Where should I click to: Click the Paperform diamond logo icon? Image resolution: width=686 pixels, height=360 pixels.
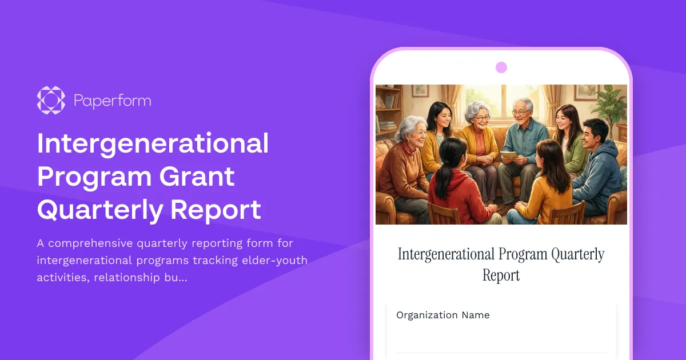pos(51,100)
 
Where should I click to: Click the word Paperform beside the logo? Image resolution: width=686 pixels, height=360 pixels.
pos(113,101)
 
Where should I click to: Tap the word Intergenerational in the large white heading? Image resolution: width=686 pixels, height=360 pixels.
pos(153,143)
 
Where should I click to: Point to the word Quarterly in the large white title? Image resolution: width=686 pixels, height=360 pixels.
pos(97,210)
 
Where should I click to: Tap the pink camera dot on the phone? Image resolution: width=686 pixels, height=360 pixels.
pos(501,67)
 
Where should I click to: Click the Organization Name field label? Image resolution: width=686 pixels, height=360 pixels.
pos(443,315)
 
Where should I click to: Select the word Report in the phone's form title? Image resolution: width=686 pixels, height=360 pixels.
pos(501,275)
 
